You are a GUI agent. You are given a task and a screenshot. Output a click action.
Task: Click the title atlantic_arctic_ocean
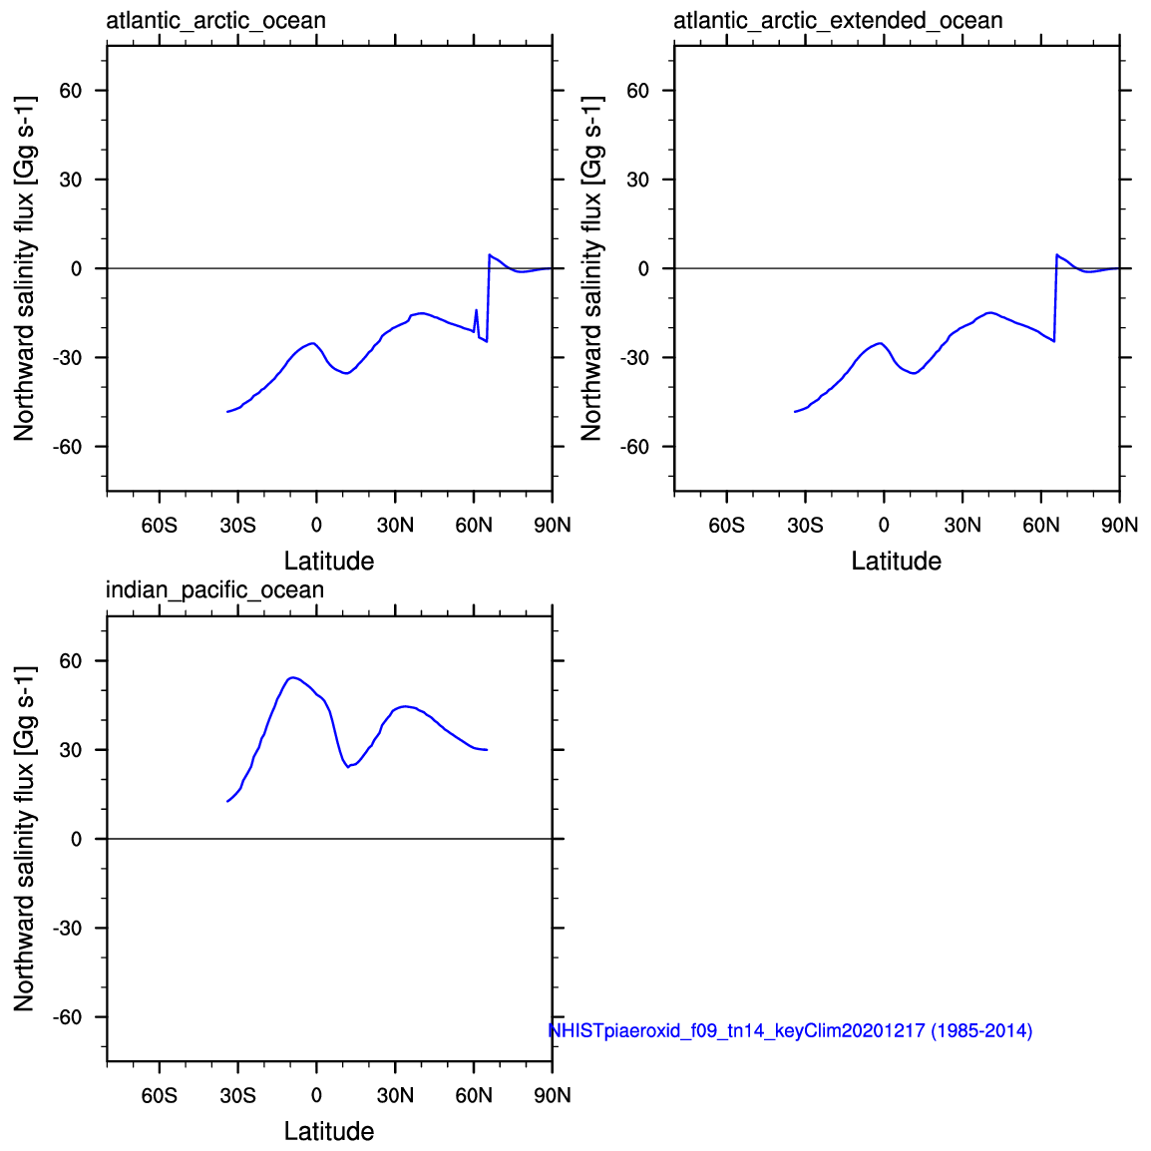[x=215, y=21]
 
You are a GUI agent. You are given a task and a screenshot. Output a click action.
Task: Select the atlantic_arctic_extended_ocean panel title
[x=838, y=21]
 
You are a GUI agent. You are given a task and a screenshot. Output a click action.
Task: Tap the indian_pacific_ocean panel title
[x=214, y=590]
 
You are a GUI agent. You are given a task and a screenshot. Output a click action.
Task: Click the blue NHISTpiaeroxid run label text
[x=790, y=1030]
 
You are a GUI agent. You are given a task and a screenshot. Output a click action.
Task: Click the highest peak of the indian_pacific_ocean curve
[x=291, y=678]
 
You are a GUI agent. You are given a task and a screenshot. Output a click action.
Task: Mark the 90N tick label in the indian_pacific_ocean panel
[x=552, y=1095]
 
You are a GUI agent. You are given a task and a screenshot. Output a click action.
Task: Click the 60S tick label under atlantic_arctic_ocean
[x=160, y=525]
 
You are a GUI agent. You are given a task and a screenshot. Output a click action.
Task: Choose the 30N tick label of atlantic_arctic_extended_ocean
[x=962, y=525]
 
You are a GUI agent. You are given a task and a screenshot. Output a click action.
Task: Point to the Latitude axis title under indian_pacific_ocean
[x=329, y=1131]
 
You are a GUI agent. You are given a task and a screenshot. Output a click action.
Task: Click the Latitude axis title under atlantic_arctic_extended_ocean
[x=896, y=561]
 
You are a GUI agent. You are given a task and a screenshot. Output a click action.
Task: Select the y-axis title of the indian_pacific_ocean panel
[x=24, y=838]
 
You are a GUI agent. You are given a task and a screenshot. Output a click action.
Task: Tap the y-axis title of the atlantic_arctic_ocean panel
[x=24, y=268]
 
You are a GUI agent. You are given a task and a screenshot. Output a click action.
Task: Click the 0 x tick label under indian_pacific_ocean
[x=316, y=1095]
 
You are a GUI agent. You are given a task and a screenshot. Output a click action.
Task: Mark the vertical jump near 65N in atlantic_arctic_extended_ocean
[x=1055, y=299]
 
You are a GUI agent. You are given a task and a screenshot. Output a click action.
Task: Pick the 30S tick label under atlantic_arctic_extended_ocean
[x=805, y=525]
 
